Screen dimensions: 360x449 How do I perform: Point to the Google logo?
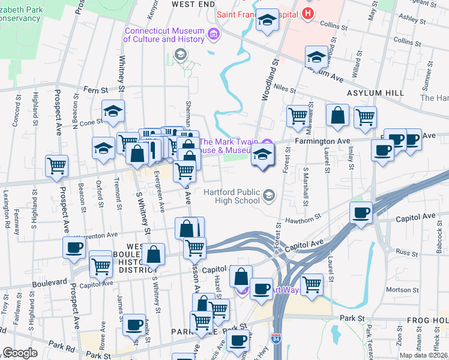tap(19, 353)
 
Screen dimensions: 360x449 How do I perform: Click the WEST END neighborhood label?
tap(193, 4)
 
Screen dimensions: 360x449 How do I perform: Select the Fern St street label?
tap(95, 89)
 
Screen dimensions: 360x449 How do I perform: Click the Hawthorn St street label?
tap(300, 221)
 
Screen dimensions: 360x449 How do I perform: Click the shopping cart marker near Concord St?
tap(56, 166)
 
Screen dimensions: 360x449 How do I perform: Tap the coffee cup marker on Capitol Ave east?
tap(361, 212)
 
